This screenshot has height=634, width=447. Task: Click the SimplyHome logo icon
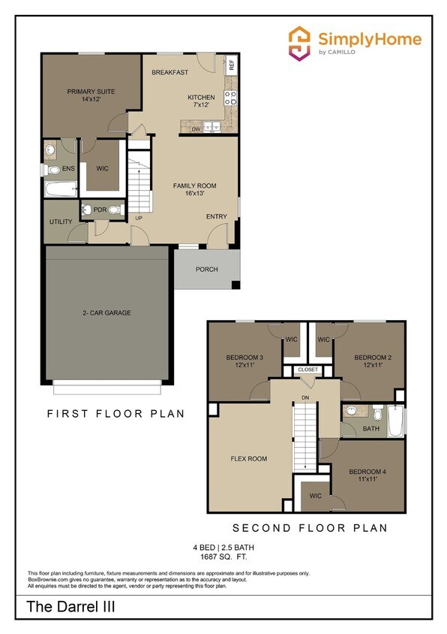[x=300, y=43]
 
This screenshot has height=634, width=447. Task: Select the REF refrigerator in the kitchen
[x=231, y=64]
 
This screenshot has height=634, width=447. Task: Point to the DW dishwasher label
[x=195, y=128]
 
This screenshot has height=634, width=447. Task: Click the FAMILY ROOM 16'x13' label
[x=194, y=189]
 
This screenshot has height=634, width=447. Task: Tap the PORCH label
[x=206, y=269]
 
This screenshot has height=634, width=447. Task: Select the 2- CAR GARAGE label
[x=107, y=312]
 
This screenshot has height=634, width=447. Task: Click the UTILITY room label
[x=61, y=222]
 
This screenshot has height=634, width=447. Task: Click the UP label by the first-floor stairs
[x=139, y=219]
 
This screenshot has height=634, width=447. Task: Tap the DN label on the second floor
[x=304, y=397]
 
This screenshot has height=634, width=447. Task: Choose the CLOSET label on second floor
[x=307, y=370]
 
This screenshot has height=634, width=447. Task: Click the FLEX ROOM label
[x=248, y=458]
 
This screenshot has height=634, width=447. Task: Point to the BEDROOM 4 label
[x=367, y=476]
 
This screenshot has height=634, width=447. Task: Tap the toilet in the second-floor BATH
[x=376, y=413]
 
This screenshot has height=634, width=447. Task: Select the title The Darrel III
[x=71, y=607]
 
